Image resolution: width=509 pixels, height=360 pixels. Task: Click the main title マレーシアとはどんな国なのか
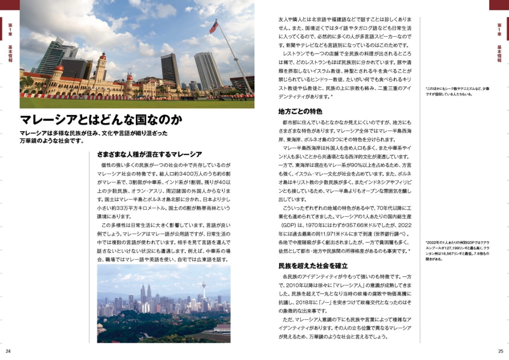pos(101,120)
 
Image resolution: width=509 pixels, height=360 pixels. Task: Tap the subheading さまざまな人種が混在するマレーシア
pos(149,154)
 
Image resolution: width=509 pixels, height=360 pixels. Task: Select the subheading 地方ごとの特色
pos(300,111)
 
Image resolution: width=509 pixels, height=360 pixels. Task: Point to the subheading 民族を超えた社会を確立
pos(313,265)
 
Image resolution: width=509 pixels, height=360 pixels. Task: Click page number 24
pos(8,351)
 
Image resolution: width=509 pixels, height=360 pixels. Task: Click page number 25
pos(501,351)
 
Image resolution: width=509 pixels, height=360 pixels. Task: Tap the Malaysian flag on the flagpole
pos(213,27)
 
